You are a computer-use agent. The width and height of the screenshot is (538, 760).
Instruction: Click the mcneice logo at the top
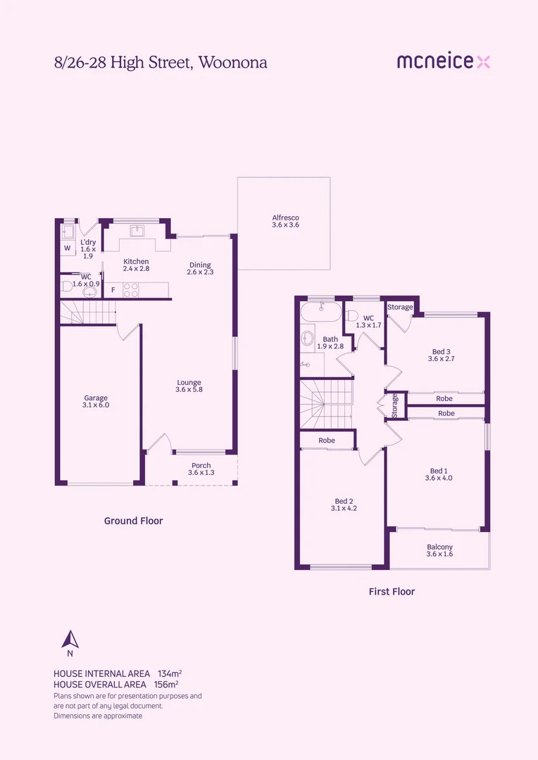coord(443,62)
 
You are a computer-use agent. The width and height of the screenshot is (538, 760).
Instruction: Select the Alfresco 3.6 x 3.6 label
coord(285,221)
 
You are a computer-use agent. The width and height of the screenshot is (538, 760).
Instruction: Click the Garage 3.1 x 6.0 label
coord(96,402)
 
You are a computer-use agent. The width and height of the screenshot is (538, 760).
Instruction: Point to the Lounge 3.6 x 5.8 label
coord(189,386)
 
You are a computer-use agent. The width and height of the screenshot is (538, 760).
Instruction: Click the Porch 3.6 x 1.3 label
coord(201,469)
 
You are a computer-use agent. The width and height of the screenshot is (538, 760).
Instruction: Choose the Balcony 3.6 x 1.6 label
coord(439,550)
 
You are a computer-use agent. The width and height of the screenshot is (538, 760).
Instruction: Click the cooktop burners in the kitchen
coord(131,289)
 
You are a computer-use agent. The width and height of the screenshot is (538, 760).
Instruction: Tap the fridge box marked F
coord(113,289)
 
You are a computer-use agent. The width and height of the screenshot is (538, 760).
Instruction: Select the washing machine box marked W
coord(68,248)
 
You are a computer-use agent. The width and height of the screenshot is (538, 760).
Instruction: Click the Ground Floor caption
coord(133,521)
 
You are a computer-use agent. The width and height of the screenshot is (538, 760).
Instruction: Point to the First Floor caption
coord(392,592)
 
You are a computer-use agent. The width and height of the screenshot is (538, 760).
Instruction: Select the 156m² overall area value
coord(165,684)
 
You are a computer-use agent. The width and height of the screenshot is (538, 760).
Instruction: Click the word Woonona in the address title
coord(233,63)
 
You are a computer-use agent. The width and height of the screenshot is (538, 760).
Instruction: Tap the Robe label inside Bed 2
coord(326,441)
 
